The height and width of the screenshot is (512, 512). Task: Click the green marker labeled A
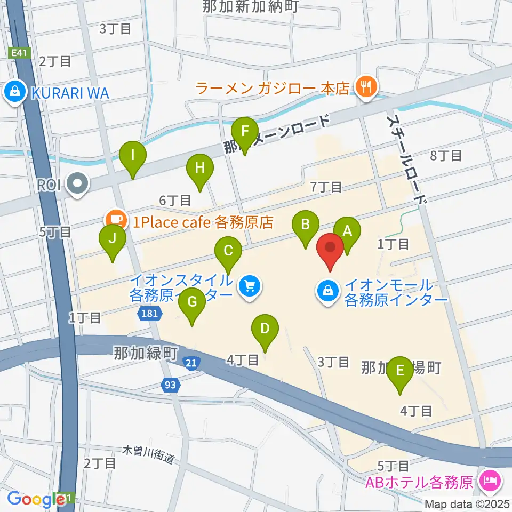pos(347,232)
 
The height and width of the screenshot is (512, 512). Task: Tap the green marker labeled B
pos(306,225)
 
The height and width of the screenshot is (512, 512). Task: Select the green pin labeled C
pos(228,251)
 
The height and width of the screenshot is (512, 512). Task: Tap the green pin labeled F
pos(245,131)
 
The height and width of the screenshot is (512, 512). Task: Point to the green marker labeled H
pos(199,169)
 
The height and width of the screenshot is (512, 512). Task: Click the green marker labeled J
pos(112,239)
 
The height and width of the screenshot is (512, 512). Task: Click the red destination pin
pos(330,248)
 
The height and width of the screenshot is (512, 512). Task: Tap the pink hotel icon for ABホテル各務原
pos(489,482)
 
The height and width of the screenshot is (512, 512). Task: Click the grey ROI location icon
pos(78,185)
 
